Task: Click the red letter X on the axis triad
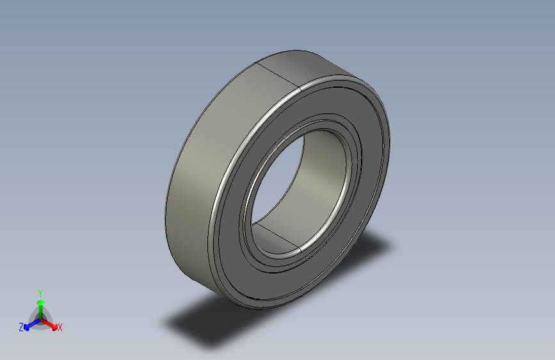[60, 327]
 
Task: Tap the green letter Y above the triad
[40, 291]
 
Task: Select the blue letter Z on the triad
[21, 327]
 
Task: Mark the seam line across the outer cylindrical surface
[278, 74]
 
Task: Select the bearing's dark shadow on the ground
[211, 323]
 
